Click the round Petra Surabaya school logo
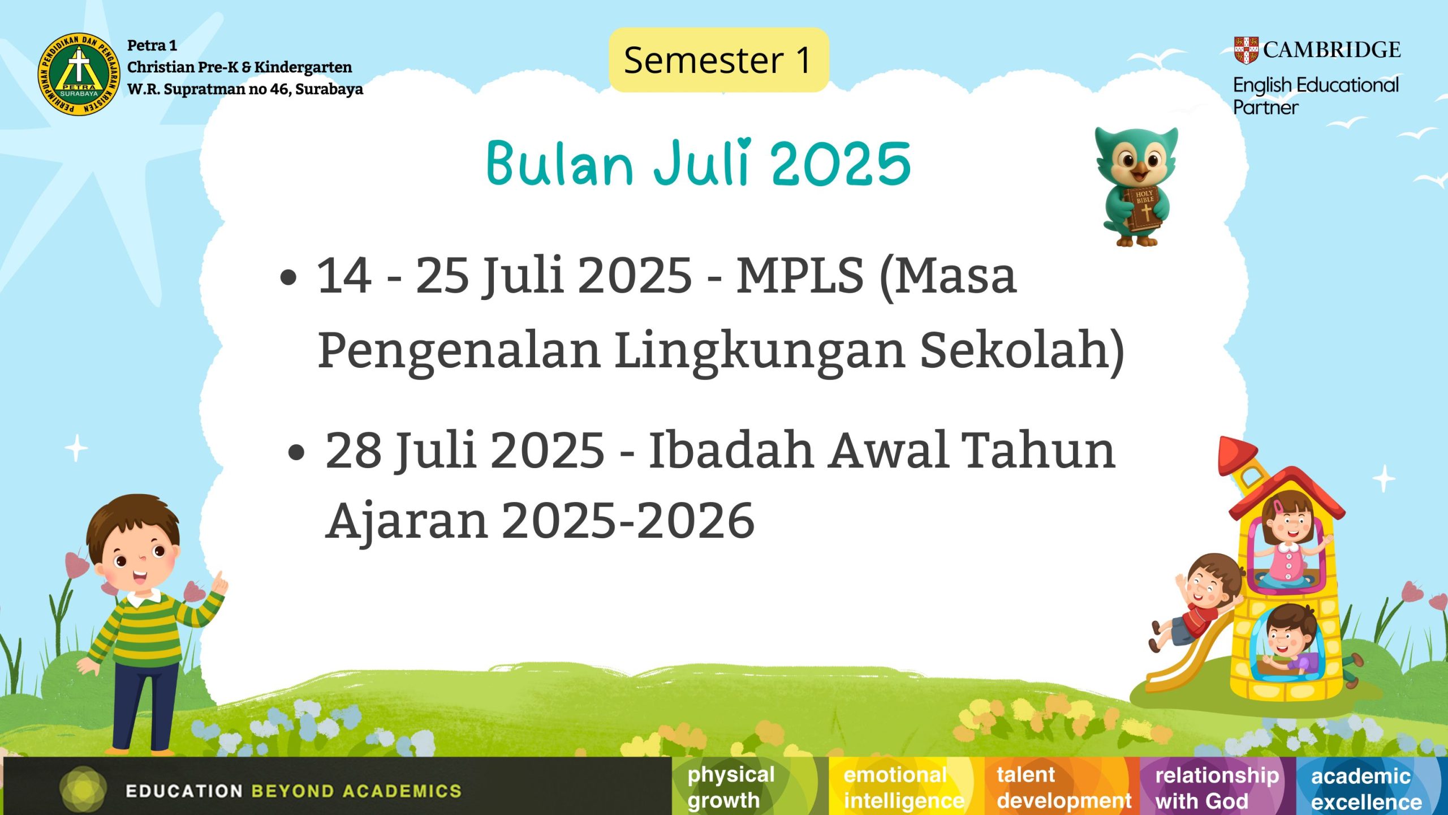pyautogui.click(x=79, y=74)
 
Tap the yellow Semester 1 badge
pyautogui.click(x=718, y=60)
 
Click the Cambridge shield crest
pyautogui.click(x=1246, y=50)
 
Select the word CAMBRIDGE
pyautogui.click(x=1332, y=50)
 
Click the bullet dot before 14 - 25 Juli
pyautogui.click(x=288, y=277)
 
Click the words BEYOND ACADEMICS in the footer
pyautogui.click(x=356, y=791)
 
